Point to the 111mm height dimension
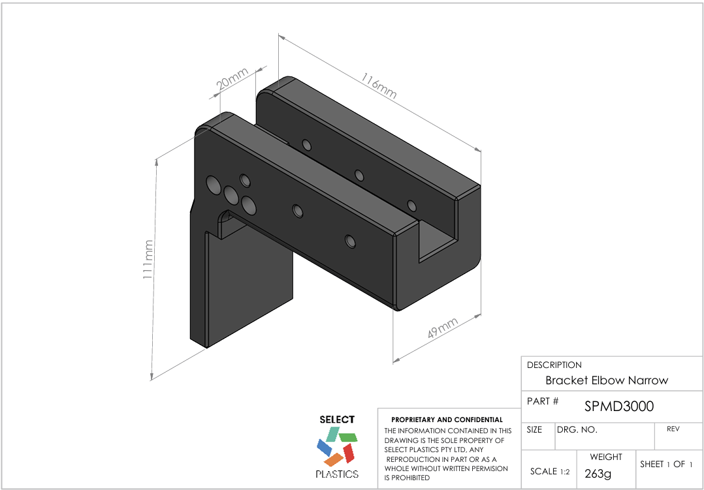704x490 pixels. [149, 260]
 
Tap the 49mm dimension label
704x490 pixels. [442, 328]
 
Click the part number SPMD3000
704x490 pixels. [618, 406]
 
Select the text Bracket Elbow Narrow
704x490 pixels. [607, 380]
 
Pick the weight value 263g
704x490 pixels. [598, 474]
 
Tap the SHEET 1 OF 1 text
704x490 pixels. [665, 464]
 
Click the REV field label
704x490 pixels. [673, 429]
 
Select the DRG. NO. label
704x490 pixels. [577, 430]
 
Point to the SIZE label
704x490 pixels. [534, 430]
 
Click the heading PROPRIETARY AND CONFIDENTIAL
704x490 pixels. [447, 420]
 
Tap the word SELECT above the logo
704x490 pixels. [337, 420]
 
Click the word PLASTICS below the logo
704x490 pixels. [337, 474]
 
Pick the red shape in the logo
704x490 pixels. [349, 452]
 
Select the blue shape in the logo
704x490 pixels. [324, 447]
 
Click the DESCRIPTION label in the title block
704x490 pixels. [554, 365]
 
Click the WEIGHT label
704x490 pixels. [605, 457]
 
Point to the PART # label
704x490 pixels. [542, 401]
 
